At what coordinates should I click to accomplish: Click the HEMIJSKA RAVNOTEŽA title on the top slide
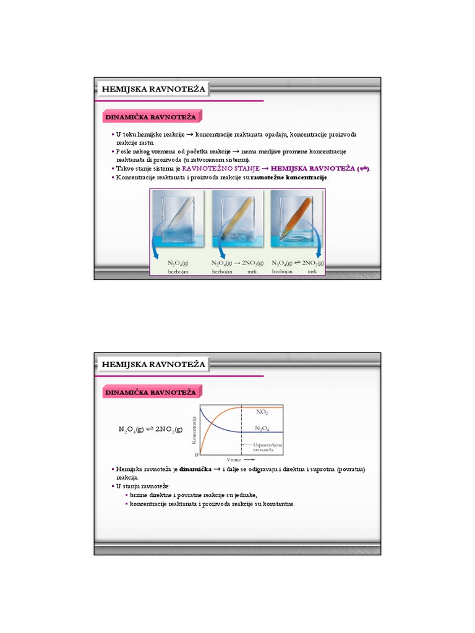click(x=153, y=90)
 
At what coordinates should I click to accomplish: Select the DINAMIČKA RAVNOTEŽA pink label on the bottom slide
click(x=150, y=393)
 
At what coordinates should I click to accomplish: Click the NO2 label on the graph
click(x=262, y=410)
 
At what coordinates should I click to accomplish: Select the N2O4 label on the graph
click(x=262, y=428)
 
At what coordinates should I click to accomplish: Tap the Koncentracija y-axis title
click(x=194, y=430)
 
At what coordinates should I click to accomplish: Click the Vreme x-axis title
click(x=234, y=461)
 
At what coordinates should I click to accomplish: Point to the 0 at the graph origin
click(x=197, y=454)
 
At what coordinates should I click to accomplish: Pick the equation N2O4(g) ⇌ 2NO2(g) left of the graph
click(x=150, y=428)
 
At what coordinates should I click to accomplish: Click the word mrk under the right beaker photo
click(x=312, y=272)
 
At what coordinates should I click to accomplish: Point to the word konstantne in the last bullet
click(x=278, y=504)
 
